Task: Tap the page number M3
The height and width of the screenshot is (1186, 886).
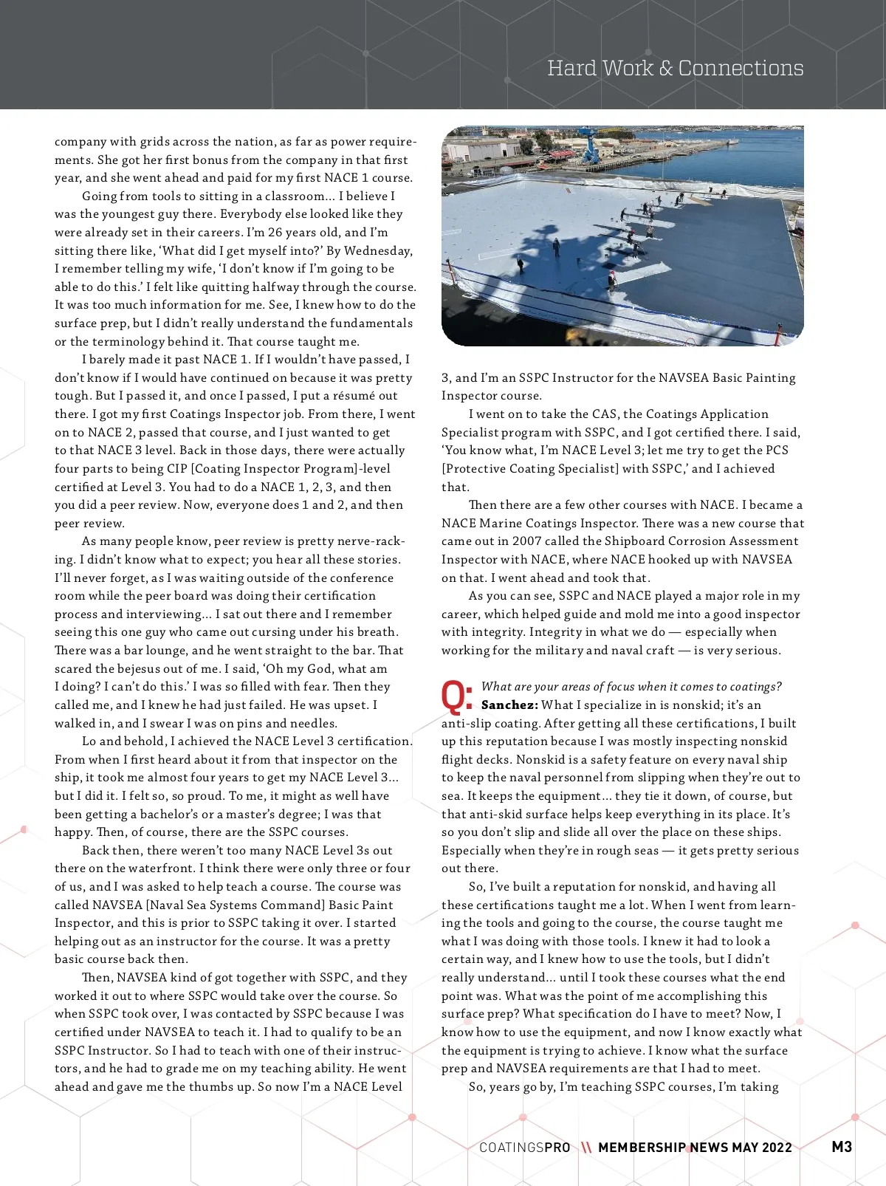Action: tap(842, 1146)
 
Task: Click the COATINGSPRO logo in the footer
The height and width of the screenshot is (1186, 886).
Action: tap(525, 1148)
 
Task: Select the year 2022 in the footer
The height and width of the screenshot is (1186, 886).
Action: tap(777, 1148)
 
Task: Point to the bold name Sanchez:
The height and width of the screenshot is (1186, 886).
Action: tap(509, 705)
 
